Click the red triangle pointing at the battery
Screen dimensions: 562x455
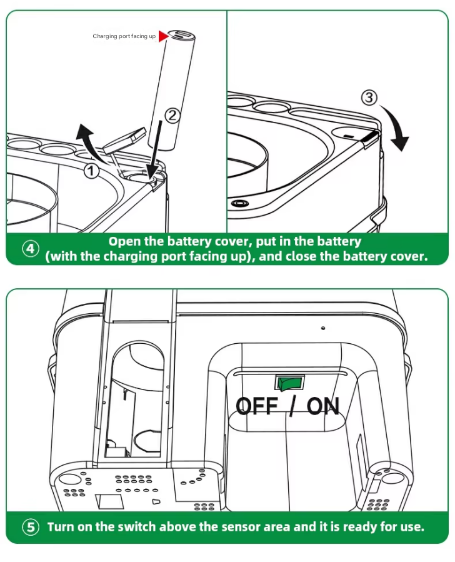[164, 36]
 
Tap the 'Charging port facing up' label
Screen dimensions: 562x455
[124, 36]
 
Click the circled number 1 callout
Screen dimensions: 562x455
[92, 169]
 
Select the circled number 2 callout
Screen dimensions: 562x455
[172, 115]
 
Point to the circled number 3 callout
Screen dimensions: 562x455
[370, 98]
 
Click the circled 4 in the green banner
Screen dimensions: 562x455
[31, 249]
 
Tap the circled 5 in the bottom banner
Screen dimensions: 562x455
[31, 527]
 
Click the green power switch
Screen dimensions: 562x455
[289, 382]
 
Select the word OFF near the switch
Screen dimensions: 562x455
[257, 407]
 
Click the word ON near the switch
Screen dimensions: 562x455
[323, 407]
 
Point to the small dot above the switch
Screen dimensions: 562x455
[322, 328]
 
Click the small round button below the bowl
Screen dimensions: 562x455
[239, 204]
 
